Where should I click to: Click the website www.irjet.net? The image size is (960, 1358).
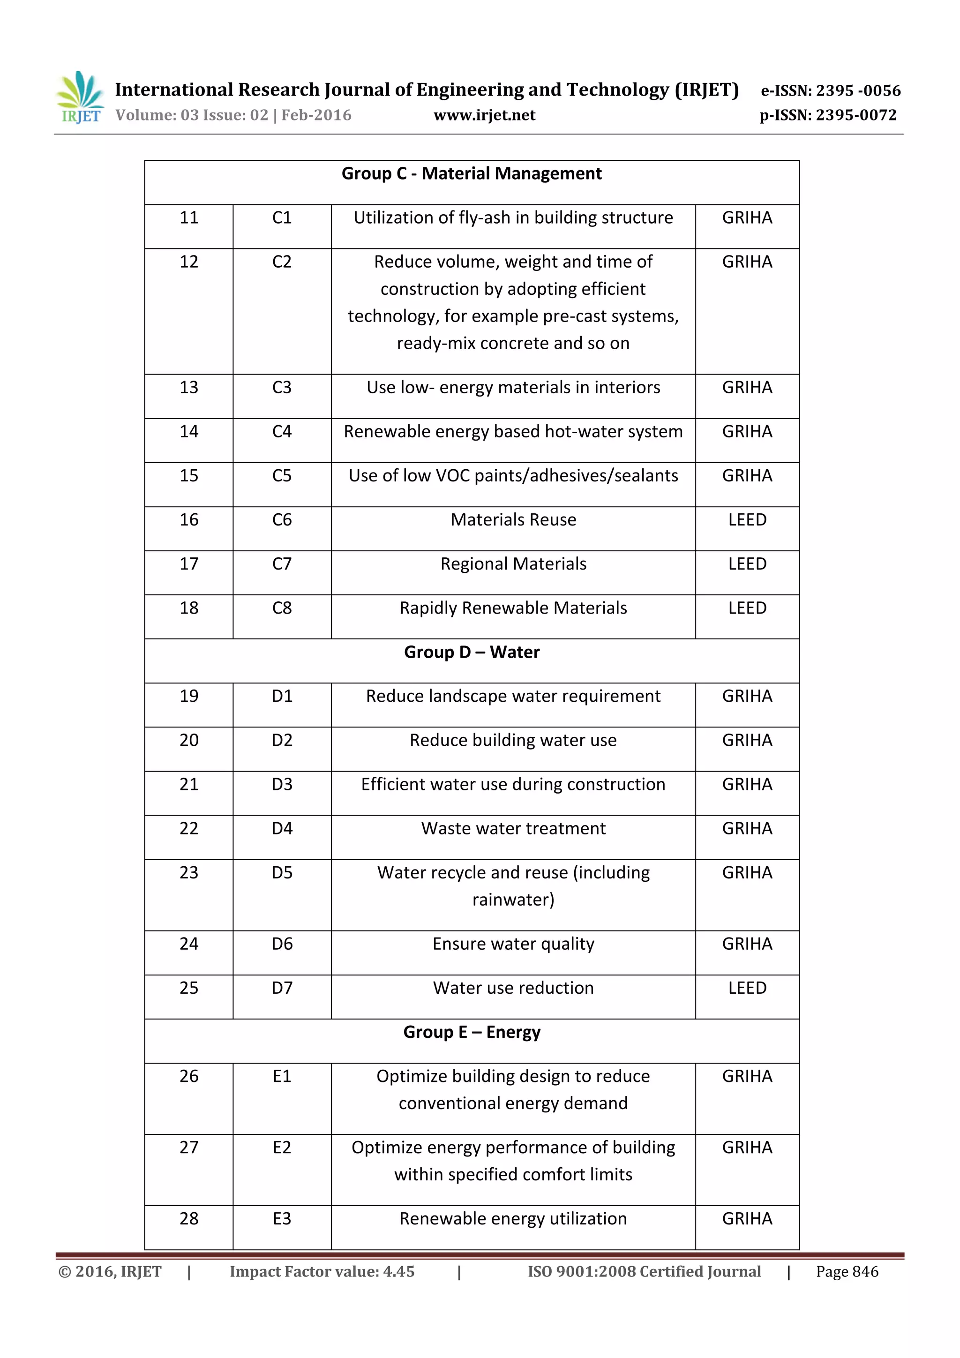(484, 115)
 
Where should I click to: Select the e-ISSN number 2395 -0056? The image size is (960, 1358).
(858, 90)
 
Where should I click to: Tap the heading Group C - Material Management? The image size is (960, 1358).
(472, 174)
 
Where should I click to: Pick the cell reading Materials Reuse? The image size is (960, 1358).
(513, 520)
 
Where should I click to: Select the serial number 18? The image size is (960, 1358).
(189, 608)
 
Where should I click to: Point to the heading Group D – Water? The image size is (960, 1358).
(472, 653)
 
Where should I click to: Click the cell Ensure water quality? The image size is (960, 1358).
(513, 944)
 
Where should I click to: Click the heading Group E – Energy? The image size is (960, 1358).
(472, 1032)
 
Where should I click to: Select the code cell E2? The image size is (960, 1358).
(282, 1148)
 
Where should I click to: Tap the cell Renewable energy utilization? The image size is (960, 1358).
(513, 1219)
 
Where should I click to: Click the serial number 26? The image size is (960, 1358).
(189, 1076)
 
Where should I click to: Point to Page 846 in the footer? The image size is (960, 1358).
(847, 1272)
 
